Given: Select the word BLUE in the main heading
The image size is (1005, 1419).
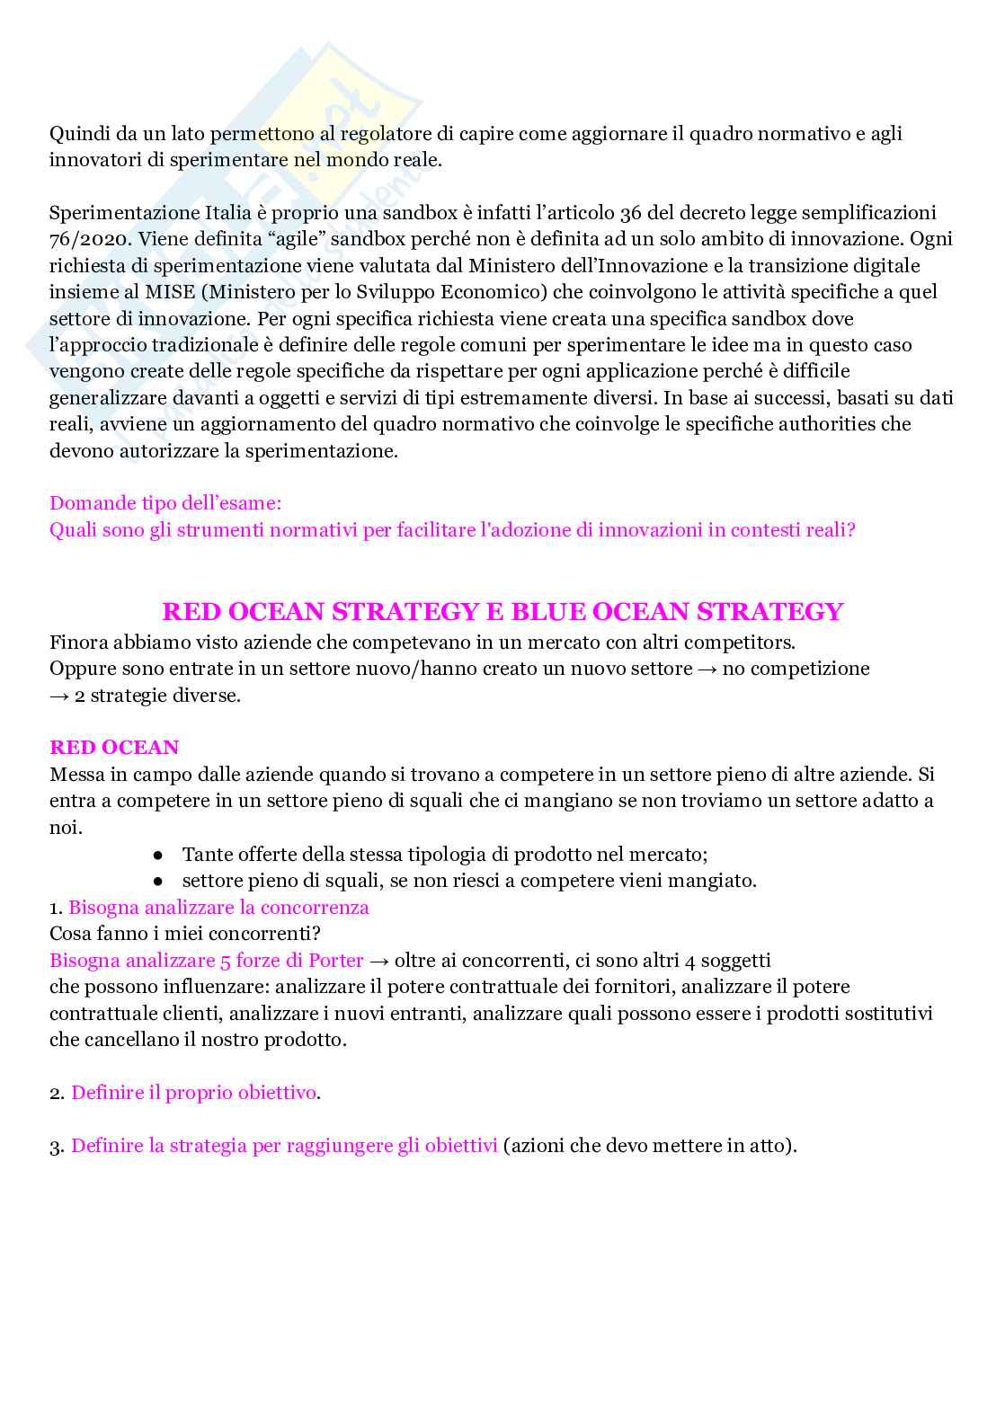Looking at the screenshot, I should click(551, 612).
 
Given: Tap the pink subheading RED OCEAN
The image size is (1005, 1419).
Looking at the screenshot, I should click(114, 748).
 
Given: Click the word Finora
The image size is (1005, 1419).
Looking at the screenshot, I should click(79, 643).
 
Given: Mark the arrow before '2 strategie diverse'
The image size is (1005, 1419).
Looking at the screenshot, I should click(60, 696).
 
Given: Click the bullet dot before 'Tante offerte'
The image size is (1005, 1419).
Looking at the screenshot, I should click(157, 855).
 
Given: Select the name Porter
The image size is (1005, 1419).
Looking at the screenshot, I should click(336, 961).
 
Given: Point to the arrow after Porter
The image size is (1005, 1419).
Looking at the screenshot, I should click(379, 961).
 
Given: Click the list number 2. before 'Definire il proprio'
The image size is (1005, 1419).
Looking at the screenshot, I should click(57, 1094).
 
